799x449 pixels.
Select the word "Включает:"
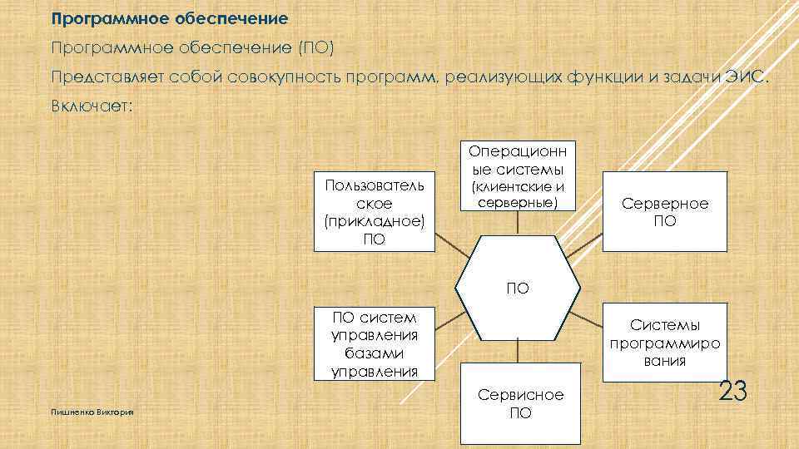[x=91, y=108]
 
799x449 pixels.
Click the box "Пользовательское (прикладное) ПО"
[x=374, y=212]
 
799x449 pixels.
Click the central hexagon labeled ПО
[x=517, y=289]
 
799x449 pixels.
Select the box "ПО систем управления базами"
[x=374, y=343]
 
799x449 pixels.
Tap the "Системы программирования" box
[x=665, y=343]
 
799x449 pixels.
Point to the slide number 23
[x=732, y=391]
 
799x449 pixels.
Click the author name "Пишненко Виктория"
[x=92, y=412]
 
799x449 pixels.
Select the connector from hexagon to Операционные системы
[x=517, y=223]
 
